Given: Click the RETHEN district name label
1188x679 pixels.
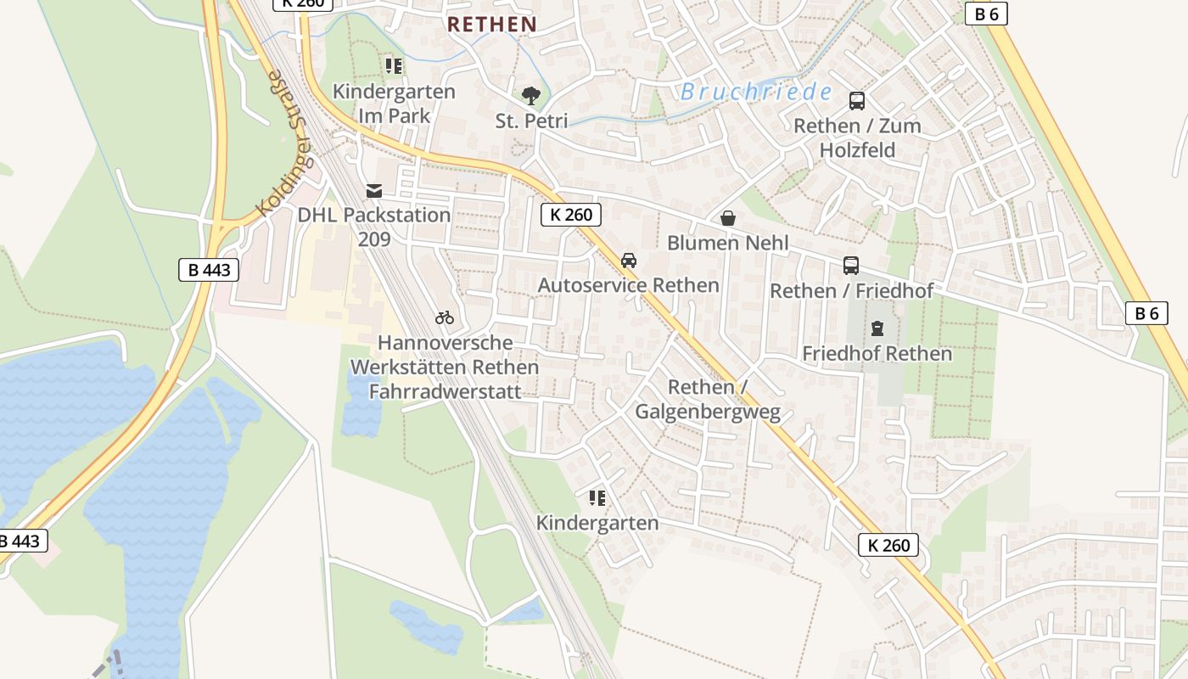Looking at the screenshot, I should point(492,25).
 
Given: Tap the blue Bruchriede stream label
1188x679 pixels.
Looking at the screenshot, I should point(755,92).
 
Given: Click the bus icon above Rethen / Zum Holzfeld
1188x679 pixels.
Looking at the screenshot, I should point(857,101).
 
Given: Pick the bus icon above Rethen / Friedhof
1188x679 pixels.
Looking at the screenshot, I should point(851,266).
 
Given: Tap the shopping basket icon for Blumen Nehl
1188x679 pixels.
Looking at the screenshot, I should point(727,218).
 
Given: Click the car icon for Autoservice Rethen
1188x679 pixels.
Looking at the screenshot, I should point(628,261).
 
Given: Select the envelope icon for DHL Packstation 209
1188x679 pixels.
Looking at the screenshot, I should point(373,191).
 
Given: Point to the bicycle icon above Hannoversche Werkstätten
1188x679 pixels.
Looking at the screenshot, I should point(445,318).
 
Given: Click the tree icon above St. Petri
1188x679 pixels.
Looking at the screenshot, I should point(531,96).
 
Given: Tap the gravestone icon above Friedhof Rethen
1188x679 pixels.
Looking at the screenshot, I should point(877,328).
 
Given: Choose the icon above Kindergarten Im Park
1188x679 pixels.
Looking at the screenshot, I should point(394,66).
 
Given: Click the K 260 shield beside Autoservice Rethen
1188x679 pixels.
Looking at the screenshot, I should point(571,215).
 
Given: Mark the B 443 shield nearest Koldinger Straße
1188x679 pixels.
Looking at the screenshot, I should point(209,271).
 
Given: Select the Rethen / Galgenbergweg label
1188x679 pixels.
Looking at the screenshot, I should point(708,400).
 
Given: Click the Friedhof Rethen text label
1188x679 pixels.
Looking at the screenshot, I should point(877,353).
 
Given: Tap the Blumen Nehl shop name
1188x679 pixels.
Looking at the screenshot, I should point(727,243).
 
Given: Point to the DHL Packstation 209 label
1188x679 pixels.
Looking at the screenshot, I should point(373,227).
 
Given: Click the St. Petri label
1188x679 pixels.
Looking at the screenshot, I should point(531,121).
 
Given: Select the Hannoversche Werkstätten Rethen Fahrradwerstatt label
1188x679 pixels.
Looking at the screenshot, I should point(445,368).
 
